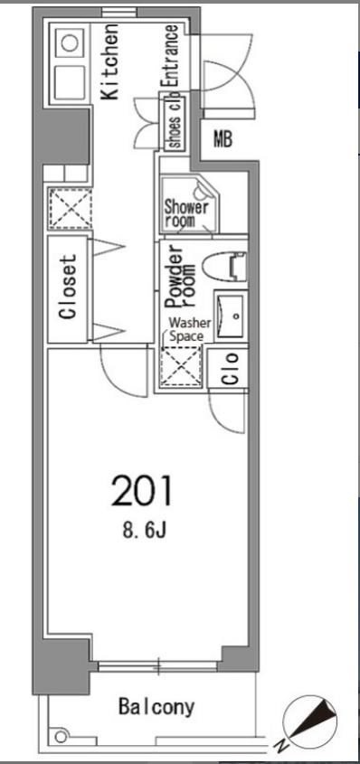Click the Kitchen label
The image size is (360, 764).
click(110, 61)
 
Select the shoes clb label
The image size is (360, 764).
click(175, 124)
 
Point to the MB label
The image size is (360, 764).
click(223, 140)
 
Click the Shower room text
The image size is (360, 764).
click(186, 213)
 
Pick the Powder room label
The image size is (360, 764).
click(180, 278)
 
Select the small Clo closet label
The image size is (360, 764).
click(231, 368)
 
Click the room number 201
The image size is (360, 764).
click(142, 491)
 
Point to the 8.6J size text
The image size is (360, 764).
click(145, 531)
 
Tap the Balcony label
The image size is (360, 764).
click(156, 706)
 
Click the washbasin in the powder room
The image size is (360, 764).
click(232, 316)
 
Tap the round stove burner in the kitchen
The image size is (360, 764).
click(71, 43)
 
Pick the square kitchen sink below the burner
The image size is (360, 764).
click(70, 82)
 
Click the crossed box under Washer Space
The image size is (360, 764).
click(181, 367)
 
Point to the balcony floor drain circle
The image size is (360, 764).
click(61, 737)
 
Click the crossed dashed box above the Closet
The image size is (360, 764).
click(71, 209)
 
